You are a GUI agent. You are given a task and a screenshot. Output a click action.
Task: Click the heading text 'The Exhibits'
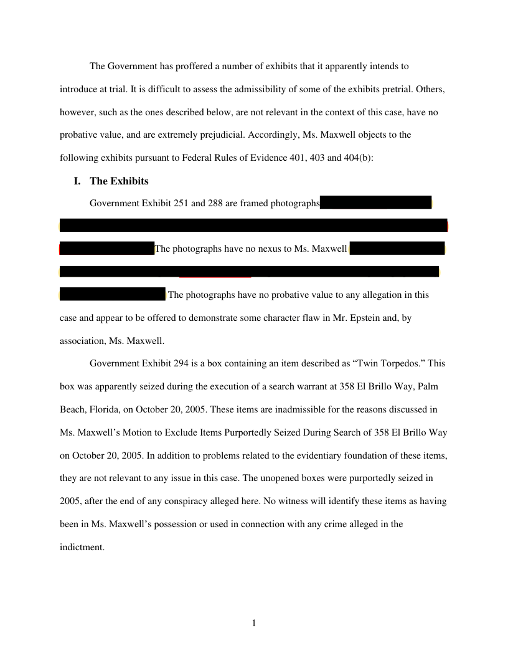pos(119,181)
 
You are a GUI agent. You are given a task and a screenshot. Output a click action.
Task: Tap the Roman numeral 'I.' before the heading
pos(77,181)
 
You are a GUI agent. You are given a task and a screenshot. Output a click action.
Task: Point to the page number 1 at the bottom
pos(254,622)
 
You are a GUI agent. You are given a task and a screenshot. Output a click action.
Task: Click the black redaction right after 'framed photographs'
pos(375,203)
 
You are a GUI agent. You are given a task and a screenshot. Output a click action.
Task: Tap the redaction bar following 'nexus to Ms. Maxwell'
pos(397,249)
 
